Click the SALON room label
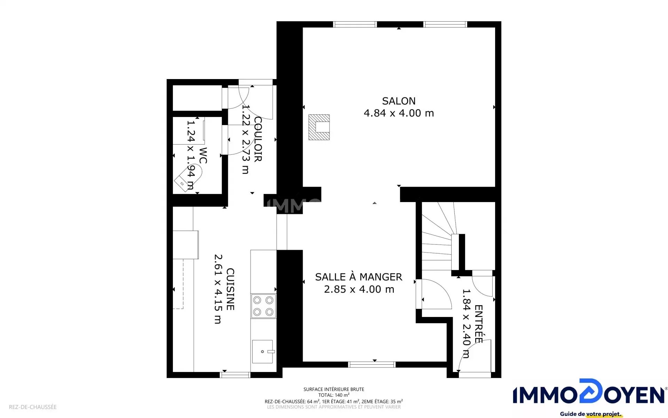pos(399,101)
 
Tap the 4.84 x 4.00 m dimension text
pos(399,113)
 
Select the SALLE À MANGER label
pos(359,277)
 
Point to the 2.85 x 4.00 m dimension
pos(359,289)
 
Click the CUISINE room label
pos(230,289)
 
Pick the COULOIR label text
pos(258,139)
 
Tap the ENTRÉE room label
pos(478,324)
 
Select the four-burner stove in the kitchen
pos(263,306)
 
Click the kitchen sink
pos(263,351)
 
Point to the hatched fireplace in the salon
pos(319,127)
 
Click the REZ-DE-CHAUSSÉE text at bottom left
pos(33,407)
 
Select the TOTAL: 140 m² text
pos(334,395)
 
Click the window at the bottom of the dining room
pos(372,364)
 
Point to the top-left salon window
pos(355,24)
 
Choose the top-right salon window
pos(445,24)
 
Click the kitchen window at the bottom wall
pos(235,375)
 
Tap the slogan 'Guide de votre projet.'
pos(591,414)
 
